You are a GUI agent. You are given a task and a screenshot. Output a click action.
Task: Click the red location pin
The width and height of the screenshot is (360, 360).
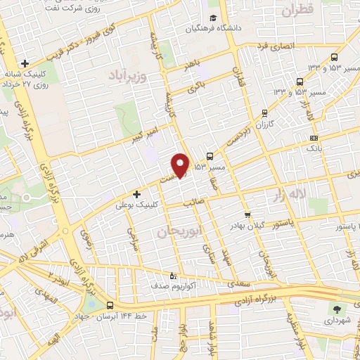tap(181, 165)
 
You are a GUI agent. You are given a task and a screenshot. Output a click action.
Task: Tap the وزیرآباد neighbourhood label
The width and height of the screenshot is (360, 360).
tap(129, 75)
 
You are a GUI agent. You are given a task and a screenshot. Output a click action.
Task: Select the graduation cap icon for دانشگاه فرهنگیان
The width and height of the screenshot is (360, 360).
tap(212, 20)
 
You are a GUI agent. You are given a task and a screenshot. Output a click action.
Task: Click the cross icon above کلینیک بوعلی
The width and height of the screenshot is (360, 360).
tap(136, 193)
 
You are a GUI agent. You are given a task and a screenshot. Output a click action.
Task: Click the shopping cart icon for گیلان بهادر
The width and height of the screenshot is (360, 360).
tap(247, 215)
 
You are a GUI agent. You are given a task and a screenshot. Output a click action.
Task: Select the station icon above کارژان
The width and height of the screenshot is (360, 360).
tap(264, 112)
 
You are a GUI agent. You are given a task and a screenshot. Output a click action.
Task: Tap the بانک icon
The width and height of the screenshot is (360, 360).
tap(314, 138)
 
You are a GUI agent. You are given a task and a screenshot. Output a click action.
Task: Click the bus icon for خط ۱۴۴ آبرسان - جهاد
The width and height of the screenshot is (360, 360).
tap(110, 305)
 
